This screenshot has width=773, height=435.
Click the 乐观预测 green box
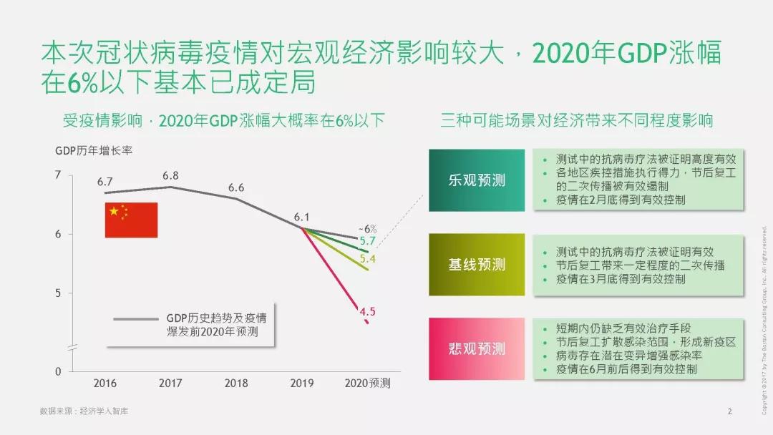(x=476, y=180)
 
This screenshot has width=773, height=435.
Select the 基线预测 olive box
(x=476, y=265)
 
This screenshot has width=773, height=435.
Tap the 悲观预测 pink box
(x=476, y=348)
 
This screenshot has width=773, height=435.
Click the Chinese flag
(x=131, y=220)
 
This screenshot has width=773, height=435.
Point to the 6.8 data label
(x=170, y=175)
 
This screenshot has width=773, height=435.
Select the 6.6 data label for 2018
(x=236, y=187)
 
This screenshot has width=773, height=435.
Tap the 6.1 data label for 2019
(x=301, y=217)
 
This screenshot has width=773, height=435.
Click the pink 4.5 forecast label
(x=368, y=311)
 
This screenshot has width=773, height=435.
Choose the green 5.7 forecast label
(x=368, y=241)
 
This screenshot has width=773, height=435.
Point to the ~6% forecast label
(x=367, y=229)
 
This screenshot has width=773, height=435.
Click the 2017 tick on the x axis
(x=170, y=383)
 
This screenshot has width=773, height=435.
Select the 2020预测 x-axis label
(x=368, y=383)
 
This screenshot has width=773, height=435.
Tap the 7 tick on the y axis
(x=58, y=175)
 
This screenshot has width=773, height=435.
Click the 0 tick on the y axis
(x=58, y=372)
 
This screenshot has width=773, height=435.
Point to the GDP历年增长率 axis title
(x=94, y=150)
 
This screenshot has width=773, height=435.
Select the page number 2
(x=729, y=411)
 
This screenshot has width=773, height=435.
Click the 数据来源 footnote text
(x=84, y=411)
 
